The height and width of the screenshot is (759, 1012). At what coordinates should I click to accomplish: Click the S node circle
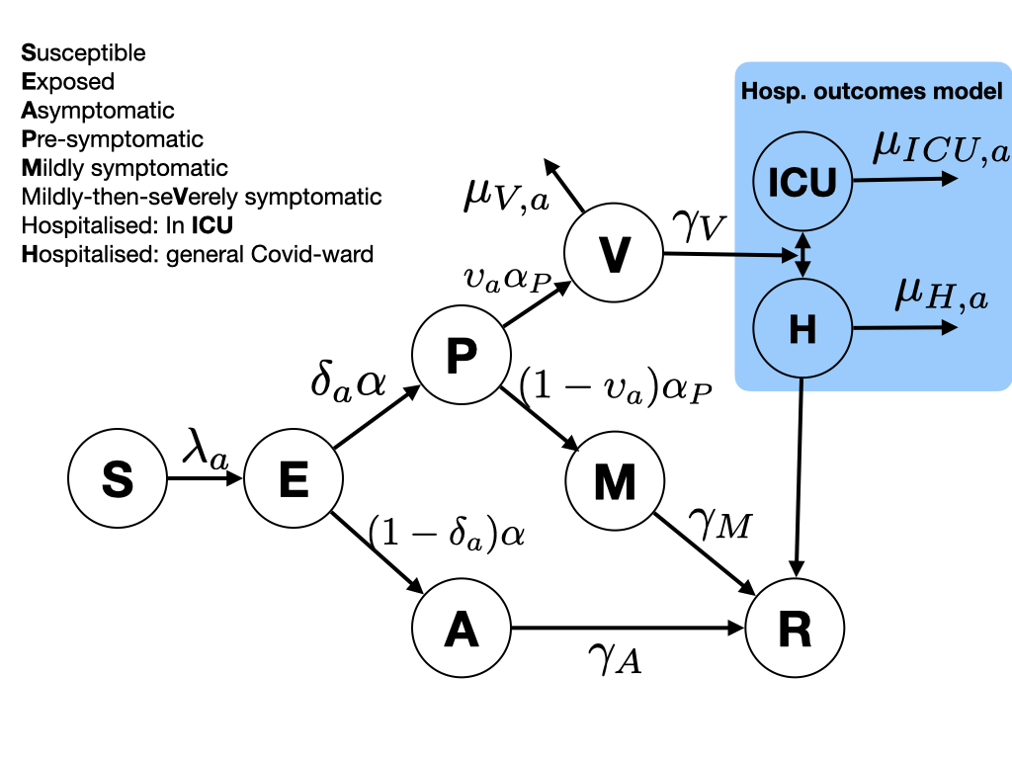pos(118,481)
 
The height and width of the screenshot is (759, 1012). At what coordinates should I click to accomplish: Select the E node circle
pos(293,481)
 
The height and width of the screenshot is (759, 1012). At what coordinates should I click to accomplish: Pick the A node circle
pos(461,630)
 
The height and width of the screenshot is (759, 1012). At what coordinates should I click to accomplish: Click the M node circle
pos(614,481)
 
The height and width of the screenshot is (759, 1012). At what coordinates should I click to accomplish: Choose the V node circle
pos(614,256)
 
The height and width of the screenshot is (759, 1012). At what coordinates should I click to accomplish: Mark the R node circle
pos(796,630)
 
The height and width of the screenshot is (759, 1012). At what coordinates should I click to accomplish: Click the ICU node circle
pos(802,181)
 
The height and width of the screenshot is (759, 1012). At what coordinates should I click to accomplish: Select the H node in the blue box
pos(802,330)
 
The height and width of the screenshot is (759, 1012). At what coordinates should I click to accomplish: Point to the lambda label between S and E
pos(205,455)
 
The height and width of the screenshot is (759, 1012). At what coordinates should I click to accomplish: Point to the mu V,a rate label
pos(505,196)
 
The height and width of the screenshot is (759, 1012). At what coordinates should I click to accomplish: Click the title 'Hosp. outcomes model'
pos(873,91)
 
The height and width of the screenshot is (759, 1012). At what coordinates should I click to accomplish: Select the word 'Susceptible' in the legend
pos(83,53)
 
